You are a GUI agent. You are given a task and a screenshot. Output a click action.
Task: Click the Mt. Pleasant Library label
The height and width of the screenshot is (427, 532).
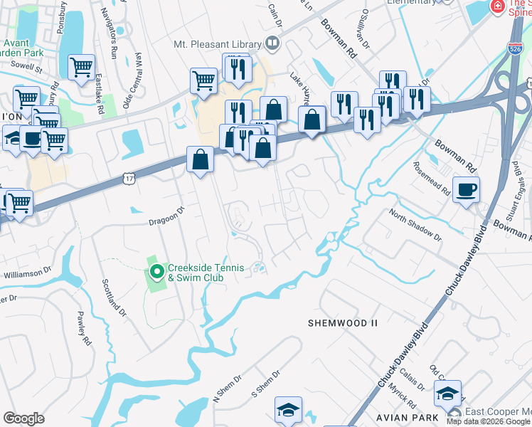click(x=218, y=43)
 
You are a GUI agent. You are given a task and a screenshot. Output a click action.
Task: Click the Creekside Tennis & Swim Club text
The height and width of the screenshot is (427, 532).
click(x=206, y=273)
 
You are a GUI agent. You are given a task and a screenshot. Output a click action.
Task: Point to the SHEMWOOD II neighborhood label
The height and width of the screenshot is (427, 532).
click(x=342, y=323)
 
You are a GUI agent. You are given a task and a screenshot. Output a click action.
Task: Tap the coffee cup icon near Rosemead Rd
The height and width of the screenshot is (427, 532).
click(x=466, y=190)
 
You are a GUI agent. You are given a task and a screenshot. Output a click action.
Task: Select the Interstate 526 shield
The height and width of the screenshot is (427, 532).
click(x=516, y=48)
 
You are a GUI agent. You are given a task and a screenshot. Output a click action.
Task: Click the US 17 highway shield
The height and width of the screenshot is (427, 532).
click(x=128, y=174)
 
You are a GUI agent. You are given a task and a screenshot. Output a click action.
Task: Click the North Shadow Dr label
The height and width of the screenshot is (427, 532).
click(x=415, y=225)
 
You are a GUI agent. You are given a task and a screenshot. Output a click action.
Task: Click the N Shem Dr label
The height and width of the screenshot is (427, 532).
click(x=228, y=387)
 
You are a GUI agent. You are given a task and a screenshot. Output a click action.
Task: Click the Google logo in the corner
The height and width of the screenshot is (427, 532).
click(x=23, y=418)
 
